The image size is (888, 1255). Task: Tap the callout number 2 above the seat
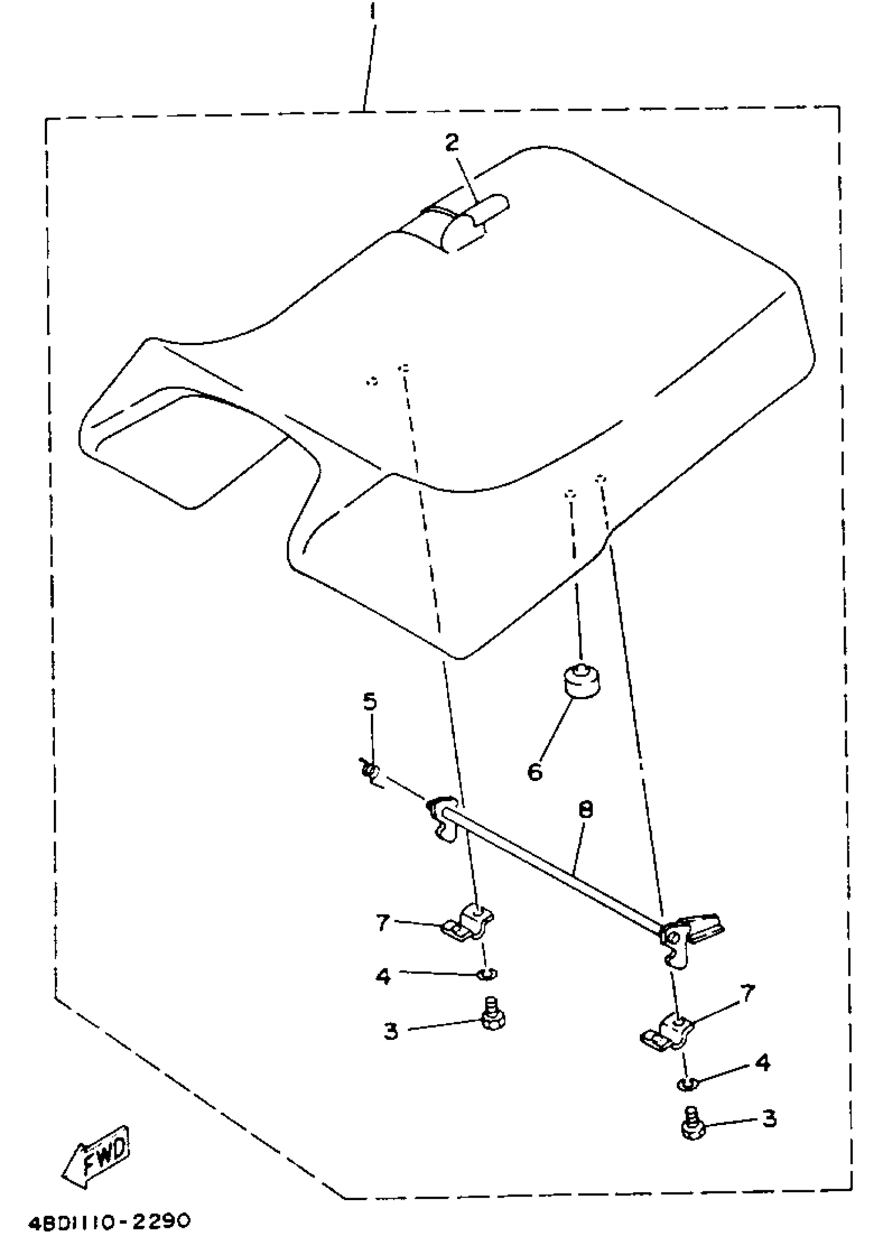pos(452,143)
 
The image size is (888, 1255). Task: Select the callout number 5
pos(370,701)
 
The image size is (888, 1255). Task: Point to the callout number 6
pos(535,772)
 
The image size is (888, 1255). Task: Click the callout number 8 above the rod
pos(585,809)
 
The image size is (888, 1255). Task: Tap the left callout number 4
pos(383,976)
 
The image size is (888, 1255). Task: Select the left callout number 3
pos(390,1032)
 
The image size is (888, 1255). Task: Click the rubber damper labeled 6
pos(580,682)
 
